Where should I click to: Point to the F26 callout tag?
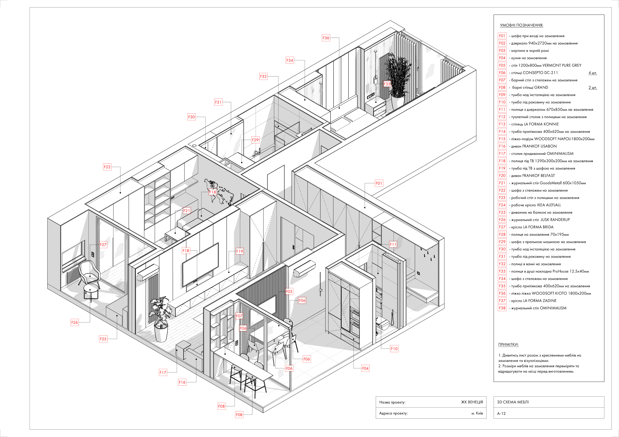[x=74, y=322]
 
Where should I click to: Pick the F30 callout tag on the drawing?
[x=191, y=117]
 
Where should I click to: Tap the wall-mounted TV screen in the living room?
[x=200, y=265]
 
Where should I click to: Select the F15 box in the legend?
[x=502, y=139]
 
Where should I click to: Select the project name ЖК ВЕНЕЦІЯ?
[x=472, y=402]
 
